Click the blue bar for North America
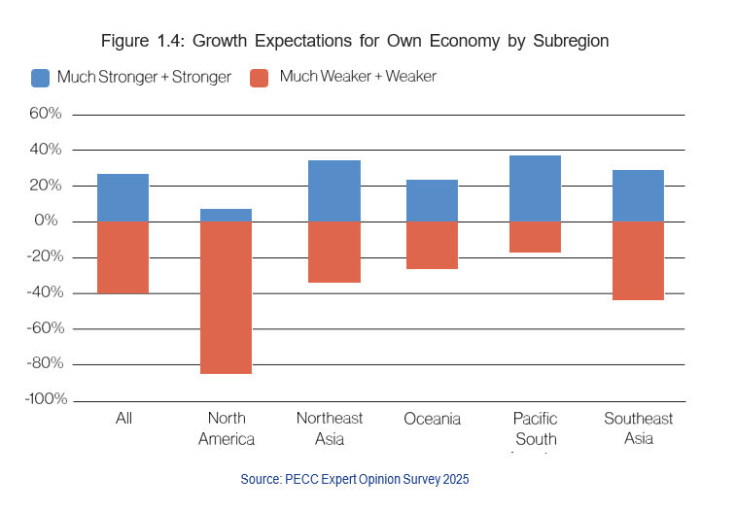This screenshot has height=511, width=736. (x=226, y=215)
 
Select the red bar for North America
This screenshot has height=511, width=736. (x=226, y=297)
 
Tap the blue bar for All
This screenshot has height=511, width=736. (x=123, y=197)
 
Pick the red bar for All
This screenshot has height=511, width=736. (x=123, y=257)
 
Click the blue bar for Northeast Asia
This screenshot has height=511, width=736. (x=333, y=190)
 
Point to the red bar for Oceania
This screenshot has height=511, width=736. (x=432, y=245)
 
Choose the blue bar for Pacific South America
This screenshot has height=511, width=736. (x=535, y=188)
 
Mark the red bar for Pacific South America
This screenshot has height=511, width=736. (x=535, y=237)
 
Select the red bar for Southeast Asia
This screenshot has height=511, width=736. (x=638, y=260)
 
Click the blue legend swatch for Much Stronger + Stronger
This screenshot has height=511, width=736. (x=41, y=78)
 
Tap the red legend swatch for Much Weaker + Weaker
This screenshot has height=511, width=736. (x=259, y=78)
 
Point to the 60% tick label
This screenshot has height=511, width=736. (x=46, y=114)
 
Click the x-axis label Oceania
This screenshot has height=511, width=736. (x=432, y=419)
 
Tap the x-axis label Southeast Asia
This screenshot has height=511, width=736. (x=638, y=427)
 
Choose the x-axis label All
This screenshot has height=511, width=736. (x=123, y=419)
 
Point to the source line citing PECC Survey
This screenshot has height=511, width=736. (x=355, y=480)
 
